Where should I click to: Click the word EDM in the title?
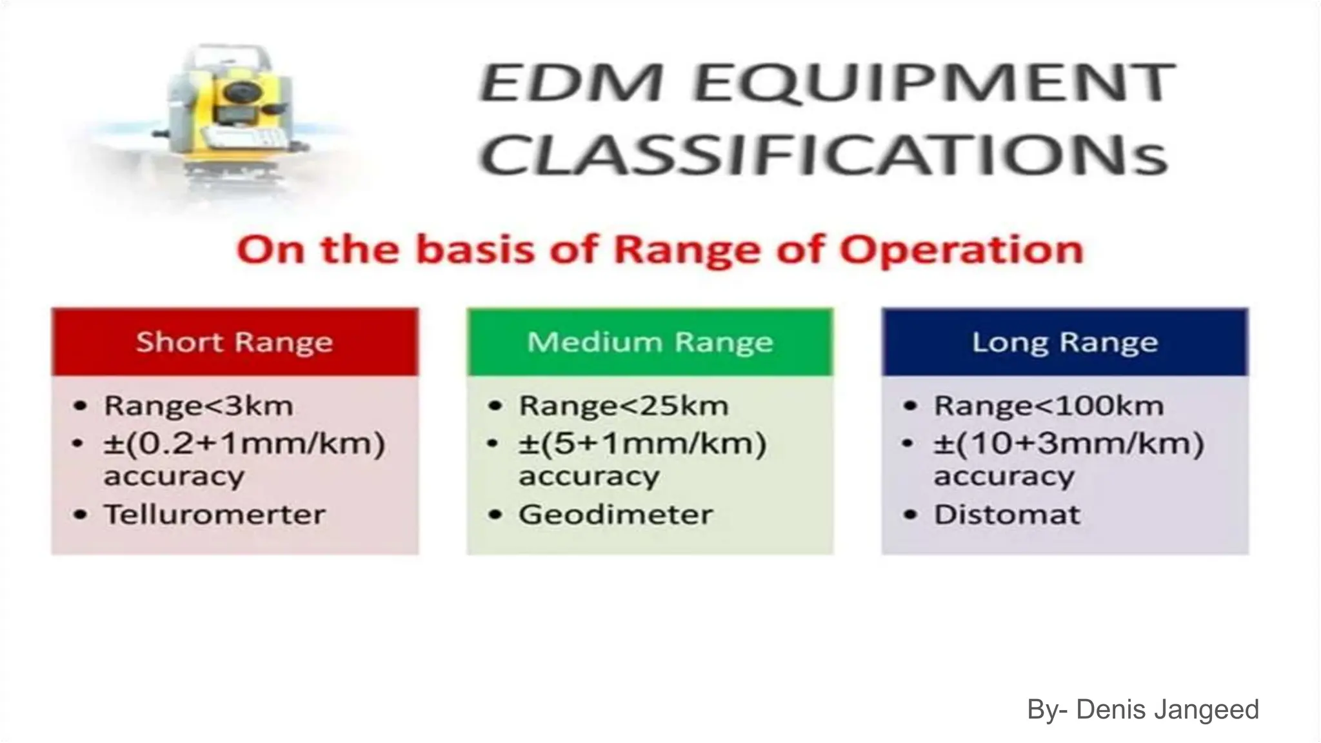coord(571,83)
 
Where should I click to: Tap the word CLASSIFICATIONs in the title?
coord(825,155)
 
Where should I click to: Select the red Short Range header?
coord(235,342)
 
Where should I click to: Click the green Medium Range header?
coord(650,342)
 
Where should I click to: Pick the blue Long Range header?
coord(1065,342)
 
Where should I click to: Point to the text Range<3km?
coord(199,406)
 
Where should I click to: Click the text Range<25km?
coord(624,406)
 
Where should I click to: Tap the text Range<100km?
coord(1049,406)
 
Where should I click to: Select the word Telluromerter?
coord(215,515)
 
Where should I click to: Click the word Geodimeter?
coord(616,515)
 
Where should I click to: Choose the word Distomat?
coord(1007,515)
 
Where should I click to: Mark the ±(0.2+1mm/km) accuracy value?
coord(244,444)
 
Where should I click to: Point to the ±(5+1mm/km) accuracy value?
coord(642,444)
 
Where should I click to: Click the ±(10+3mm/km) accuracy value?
coord(1069,444)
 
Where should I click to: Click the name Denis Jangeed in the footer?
coord(1167,709)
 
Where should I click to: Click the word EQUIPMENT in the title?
coord(935,83)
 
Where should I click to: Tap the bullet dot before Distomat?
coord(910,515)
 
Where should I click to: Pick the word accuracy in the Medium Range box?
coord(589,477)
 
